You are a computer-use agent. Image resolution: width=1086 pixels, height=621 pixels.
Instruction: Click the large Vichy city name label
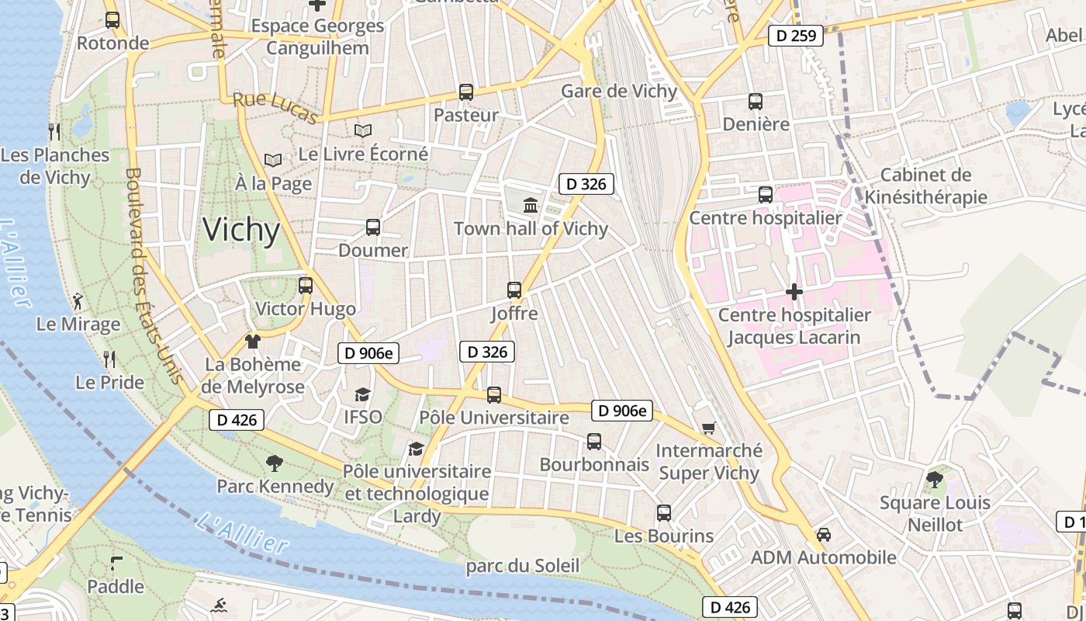pyautogui.click(x=241, y=231)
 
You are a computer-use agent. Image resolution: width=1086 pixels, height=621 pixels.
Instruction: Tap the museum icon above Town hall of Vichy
pyautogui.click(x=531, y=206)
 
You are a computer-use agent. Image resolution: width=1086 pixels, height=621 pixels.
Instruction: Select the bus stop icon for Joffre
pyautogui.click(x=514, y=290)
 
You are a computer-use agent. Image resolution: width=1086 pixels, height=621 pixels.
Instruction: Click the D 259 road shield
pyautogui.click(x=795, y=35)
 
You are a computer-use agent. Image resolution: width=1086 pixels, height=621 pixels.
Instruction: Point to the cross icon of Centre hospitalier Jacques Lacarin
pyautogui.click(x=794, y=292)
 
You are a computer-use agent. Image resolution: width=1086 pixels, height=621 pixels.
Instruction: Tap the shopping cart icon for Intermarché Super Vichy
pyautogui.click(x=707, y=428)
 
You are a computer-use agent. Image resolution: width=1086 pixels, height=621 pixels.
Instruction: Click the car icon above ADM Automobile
pyautogui.click(x=823, y=535)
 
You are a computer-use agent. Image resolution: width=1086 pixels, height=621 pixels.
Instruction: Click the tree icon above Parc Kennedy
pyautogui.click(x=274, y=463)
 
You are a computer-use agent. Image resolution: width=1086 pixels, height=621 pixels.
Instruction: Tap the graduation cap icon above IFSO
pyautogui.click(x=362, y=394)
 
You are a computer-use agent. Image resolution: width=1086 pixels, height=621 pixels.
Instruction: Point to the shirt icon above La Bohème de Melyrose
pyautogui.click(x=252, y=341)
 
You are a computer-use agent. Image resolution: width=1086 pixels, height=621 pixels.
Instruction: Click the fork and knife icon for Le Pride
pyautogui.click(x=109, y=359)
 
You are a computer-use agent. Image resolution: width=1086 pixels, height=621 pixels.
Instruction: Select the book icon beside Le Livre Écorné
pyautogui.click(x=362, y=131)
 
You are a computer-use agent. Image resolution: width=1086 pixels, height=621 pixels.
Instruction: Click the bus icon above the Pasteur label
pyautogui.click(x=465, y=92)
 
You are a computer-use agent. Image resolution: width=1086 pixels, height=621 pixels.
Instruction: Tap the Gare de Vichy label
pyautogui.click(x=619, y=91)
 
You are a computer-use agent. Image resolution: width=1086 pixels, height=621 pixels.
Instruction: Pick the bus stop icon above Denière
pyautogui.click(x=755, y=101)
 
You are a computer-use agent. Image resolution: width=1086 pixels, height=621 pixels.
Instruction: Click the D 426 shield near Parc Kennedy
pyautogui.click(x=237, y=420)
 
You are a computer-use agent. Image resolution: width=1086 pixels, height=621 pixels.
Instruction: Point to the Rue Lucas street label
pyautogui.click(x=276, y=108)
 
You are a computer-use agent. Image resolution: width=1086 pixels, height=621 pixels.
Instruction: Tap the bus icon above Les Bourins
pyautogui.click(x=663, y=512)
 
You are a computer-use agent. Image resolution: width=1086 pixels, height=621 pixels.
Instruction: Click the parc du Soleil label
pyautogui.click(x=522, y=566)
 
